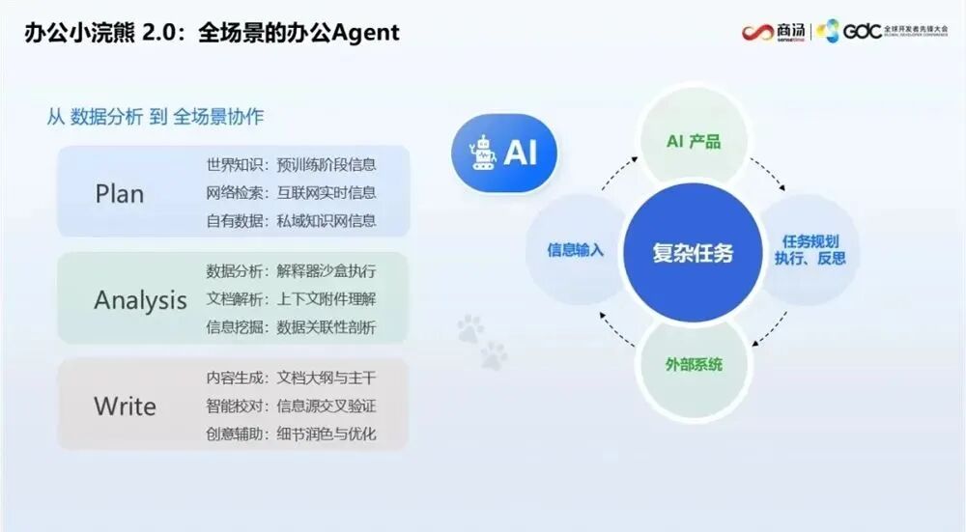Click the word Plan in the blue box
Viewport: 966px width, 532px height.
(x=119, y=193)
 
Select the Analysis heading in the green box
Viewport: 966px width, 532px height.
(x=140, y=300)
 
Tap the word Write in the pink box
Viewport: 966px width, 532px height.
(x=125, y=406)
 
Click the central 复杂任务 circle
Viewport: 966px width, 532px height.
(x=693, y=253)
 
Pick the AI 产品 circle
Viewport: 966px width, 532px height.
(x=694, y=142)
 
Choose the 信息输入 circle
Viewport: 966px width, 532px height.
(x=576, y=249)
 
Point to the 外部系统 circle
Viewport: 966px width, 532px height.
(x=694, y=365)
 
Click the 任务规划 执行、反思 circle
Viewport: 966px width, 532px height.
(x=810, y=249)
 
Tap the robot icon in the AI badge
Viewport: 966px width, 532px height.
(x=482, y=153)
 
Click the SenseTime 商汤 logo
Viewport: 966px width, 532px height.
(x=774, y=32)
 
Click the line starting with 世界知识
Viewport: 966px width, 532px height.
(x=291, y=164)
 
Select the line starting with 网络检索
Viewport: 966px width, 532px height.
(x=291, y=192)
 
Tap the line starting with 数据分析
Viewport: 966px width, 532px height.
(x=291, y=270)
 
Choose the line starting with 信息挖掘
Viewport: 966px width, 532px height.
(x=291, y=327)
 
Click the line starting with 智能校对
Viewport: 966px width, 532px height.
(x=291, y=406)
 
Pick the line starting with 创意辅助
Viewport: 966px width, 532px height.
(x=291, y=434)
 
